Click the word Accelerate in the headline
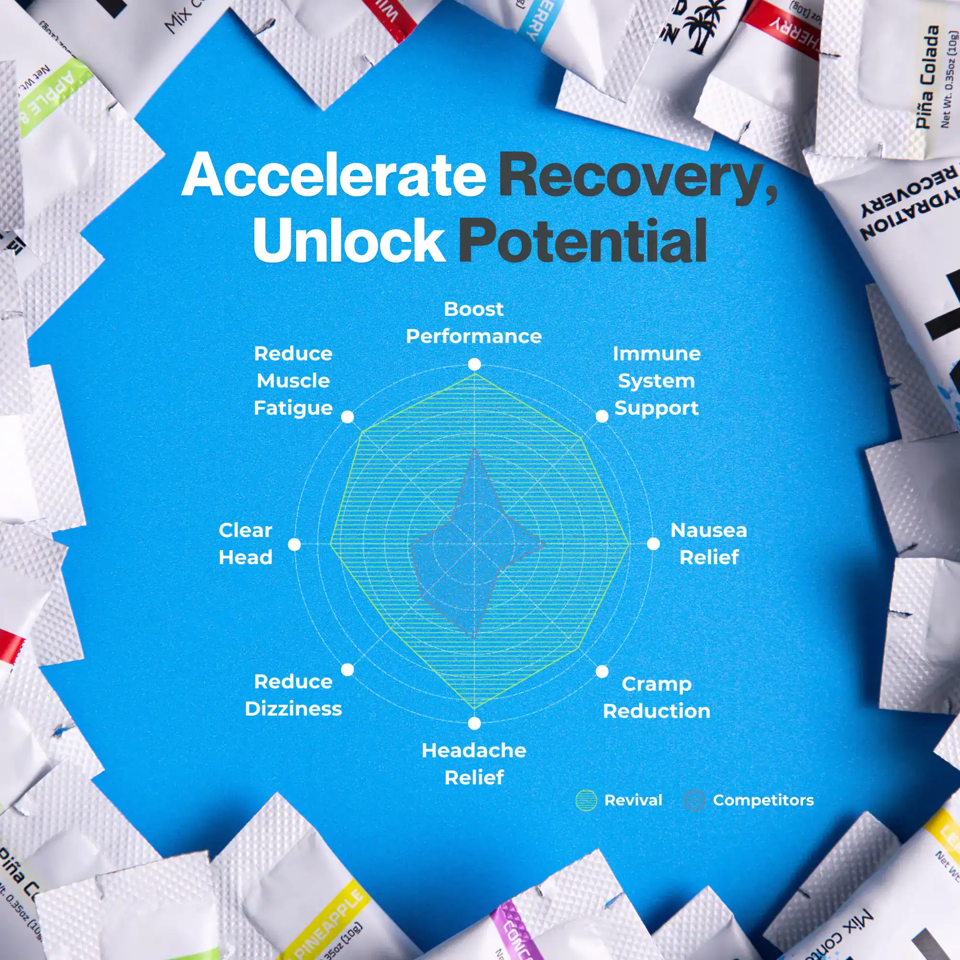coord(334,175)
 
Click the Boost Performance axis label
coord(474,323)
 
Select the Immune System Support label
coord(656,381)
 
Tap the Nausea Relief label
coord(708,544)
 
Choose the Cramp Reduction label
coord(656,697)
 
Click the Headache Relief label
coord(474,764)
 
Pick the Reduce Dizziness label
coord(293,695)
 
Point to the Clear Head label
coord(245,544)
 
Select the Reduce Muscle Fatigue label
coord(293,381)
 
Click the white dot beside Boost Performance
coord(475,365)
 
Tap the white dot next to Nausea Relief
coord(653,544)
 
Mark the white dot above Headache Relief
coord(475,723)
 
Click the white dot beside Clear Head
coord(295,545)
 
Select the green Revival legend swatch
coord(586,801)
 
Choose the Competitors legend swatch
coord(694,801)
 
